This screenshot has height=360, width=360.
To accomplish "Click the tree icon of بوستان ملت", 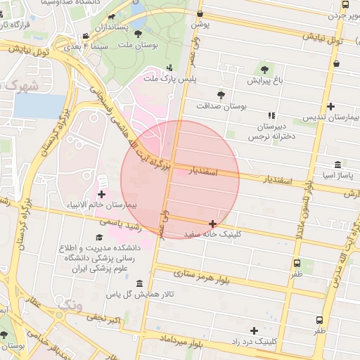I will (x=138, y=33).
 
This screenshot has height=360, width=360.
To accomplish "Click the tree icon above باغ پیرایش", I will (x=264, y=70).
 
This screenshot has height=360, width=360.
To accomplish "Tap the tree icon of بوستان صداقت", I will (x=221, y=94).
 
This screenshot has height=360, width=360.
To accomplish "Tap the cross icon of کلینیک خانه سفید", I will (x=212, y=224).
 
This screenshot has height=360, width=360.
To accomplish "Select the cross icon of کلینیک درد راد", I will (x=254, y=330).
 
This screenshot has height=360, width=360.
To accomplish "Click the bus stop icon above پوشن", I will (x=200, y=14).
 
